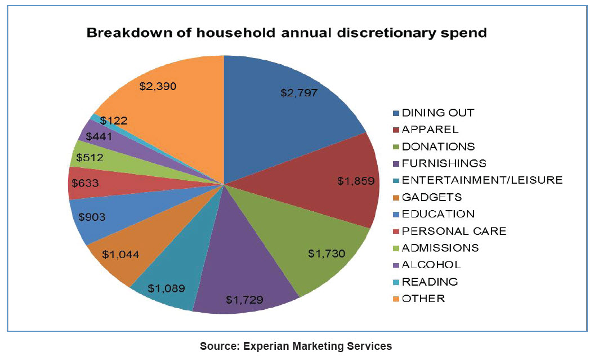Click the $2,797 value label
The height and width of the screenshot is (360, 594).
pos(299,93)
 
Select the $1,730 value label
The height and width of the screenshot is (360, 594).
pos(327,254)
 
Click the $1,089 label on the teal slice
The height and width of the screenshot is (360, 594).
pos(166,288)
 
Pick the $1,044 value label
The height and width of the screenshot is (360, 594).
pos(120,254)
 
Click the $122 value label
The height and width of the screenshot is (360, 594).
pos(114,120)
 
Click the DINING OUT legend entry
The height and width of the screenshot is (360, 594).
pos(437,113)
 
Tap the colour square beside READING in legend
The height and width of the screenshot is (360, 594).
pos(396,282)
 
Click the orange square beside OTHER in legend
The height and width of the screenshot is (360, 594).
pos(396,299)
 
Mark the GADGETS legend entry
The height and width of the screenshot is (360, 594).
pos(432,197)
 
